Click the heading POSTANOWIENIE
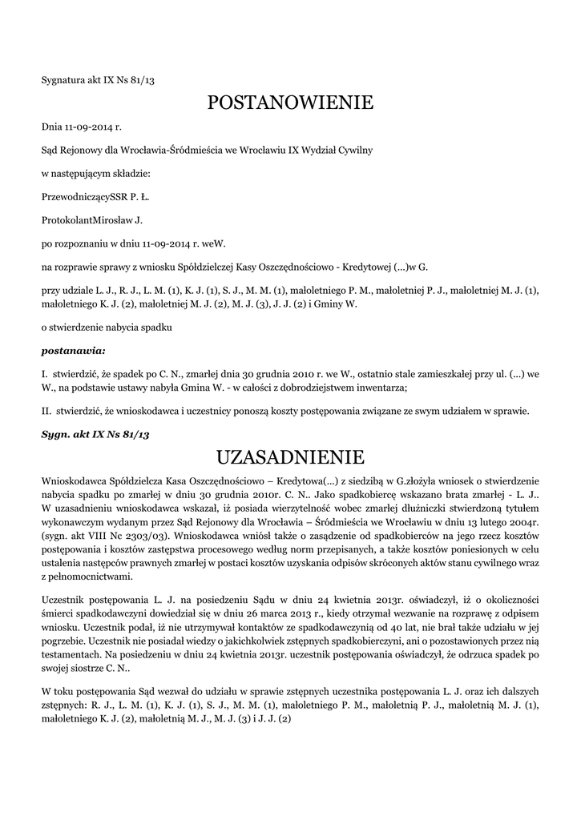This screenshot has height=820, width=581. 290,102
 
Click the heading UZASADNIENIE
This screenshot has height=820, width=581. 290,457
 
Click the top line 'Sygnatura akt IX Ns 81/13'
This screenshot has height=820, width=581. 97,79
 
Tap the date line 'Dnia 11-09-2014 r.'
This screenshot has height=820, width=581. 82,127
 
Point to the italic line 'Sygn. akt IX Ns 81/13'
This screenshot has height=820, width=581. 96,434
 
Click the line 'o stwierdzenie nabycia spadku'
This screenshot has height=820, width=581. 107,328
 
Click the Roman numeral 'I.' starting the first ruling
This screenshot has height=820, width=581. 45,373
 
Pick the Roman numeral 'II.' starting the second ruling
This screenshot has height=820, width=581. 46,412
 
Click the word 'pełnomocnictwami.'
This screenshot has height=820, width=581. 91,577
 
